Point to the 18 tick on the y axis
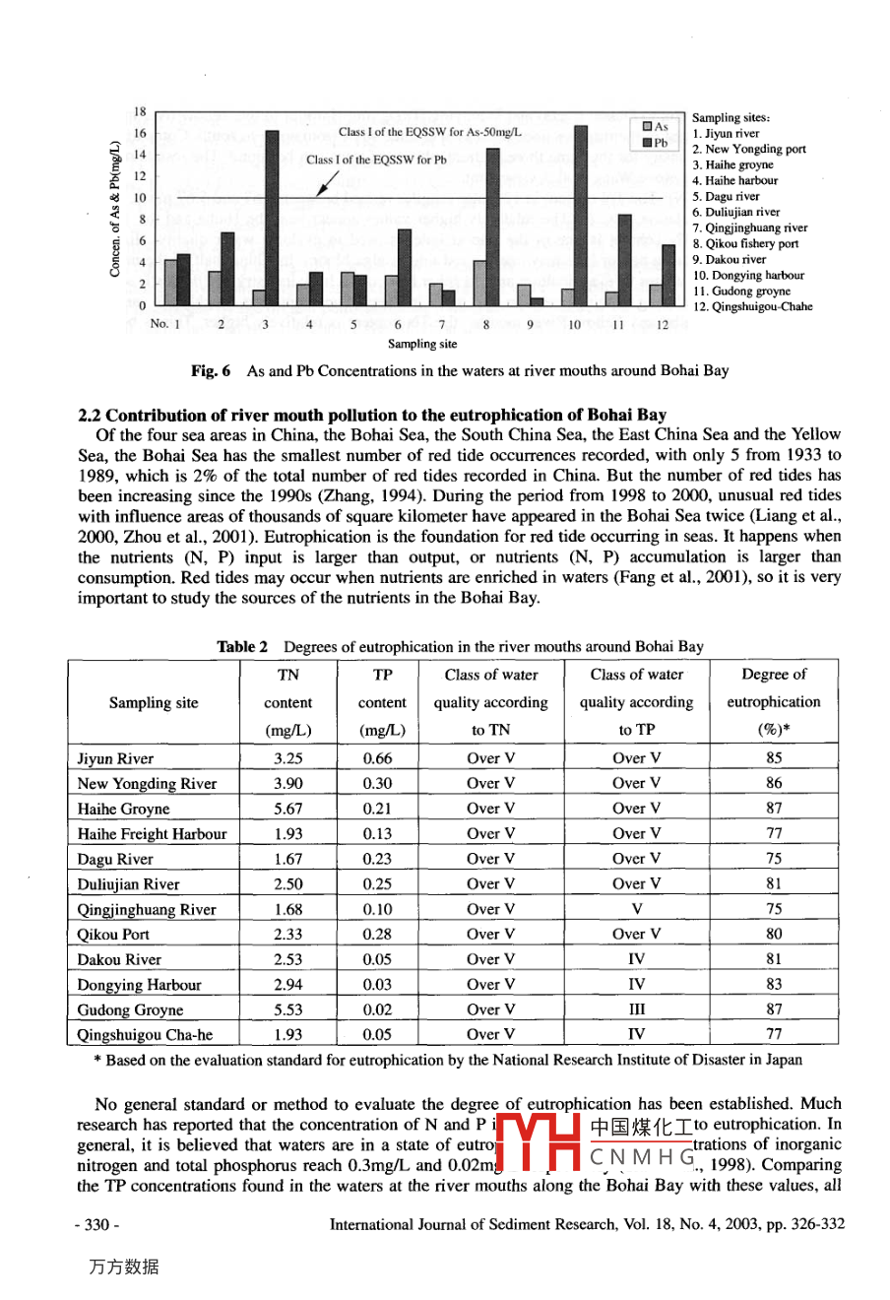(140, 112)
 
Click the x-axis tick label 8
(486, 323)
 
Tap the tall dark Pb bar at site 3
(273, 218)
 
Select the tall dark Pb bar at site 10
(581, 216)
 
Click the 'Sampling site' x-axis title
(421, 344)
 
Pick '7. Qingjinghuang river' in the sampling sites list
(750, 227)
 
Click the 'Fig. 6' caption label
(211, 371)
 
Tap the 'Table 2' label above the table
(242, 647)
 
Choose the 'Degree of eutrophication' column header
(774, 701)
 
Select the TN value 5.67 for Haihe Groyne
(288, 809)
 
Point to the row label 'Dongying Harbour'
(139, 985)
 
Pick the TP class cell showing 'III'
(636, 1009)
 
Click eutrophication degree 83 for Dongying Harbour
(774, 984)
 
